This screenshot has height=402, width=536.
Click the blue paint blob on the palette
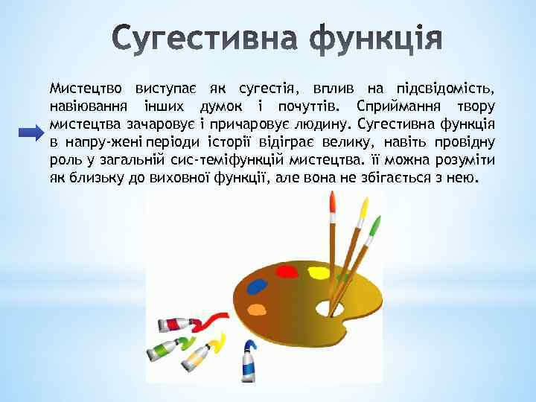click(256, 285)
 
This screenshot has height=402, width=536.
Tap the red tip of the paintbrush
click(331, 204)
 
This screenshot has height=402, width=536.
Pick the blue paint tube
click(248, 363)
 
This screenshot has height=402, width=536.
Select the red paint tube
click(176, 325)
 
